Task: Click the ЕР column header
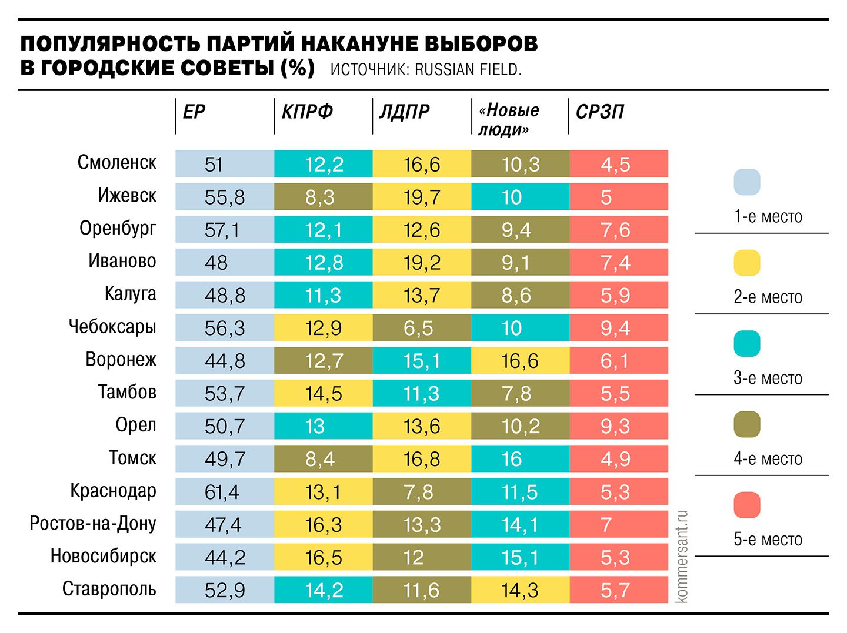194,112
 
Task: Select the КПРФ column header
307,112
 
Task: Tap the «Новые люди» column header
509,119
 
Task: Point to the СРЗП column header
599,112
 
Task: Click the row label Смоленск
117,162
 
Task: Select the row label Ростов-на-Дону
93,523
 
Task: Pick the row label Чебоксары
112,326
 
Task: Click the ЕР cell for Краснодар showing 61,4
224,491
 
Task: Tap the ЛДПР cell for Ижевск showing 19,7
422,197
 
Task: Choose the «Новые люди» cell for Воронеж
520,360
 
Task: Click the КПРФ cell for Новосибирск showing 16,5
323,557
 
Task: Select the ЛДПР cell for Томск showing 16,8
422,458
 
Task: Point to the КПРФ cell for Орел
323,426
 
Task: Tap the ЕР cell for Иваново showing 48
224,262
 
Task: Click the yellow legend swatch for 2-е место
746,263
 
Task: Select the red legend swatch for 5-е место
746,505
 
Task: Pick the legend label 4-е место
768,458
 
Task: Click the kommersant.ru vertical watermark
682,556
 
